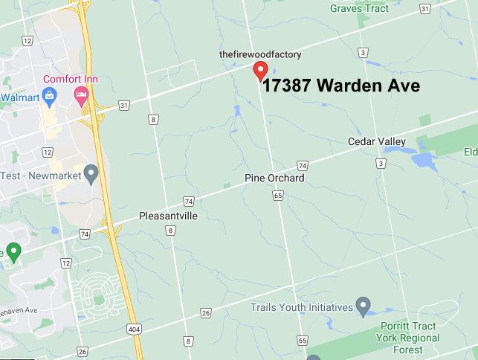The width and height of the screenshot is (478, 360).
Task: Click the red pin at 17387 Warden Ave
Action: pos(260,71)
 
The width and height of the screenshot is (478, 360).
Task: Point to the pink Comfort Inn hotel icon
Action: pos(81,94)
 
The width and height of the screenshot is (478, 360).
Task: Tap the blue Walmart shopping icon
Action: pos(49,94)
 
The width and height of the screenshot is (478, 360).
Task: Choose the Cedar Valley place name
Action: pos(377,141)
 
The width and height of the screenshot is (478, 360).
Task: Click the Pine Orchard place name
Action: pos(274,179)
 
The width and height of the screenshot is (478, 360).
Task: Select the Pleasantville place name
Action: pos(169,216)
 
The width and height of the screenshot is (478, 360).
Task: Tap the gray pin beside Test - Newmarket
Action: pos(91,174)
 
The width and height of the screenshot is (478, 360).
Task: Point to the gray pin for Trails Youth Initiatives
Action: pos(363,304)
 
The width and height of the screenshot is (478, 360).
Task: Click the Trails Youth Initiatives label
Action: pos(301,306)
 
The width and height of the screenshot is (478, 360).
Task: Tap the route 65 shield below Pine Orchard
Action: pos(277,195)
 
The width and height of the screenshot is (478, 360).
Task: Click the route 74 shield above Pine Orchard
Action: pos(302,164)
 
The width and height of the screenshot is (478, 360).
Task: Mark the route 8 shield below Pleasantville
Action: pos(171,231)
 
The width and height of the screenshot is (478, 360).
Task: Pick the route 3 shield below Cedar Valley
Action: pos(381,163)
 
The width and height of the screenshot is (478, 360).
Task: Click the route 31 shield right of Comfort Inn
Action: pos(124,105)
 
